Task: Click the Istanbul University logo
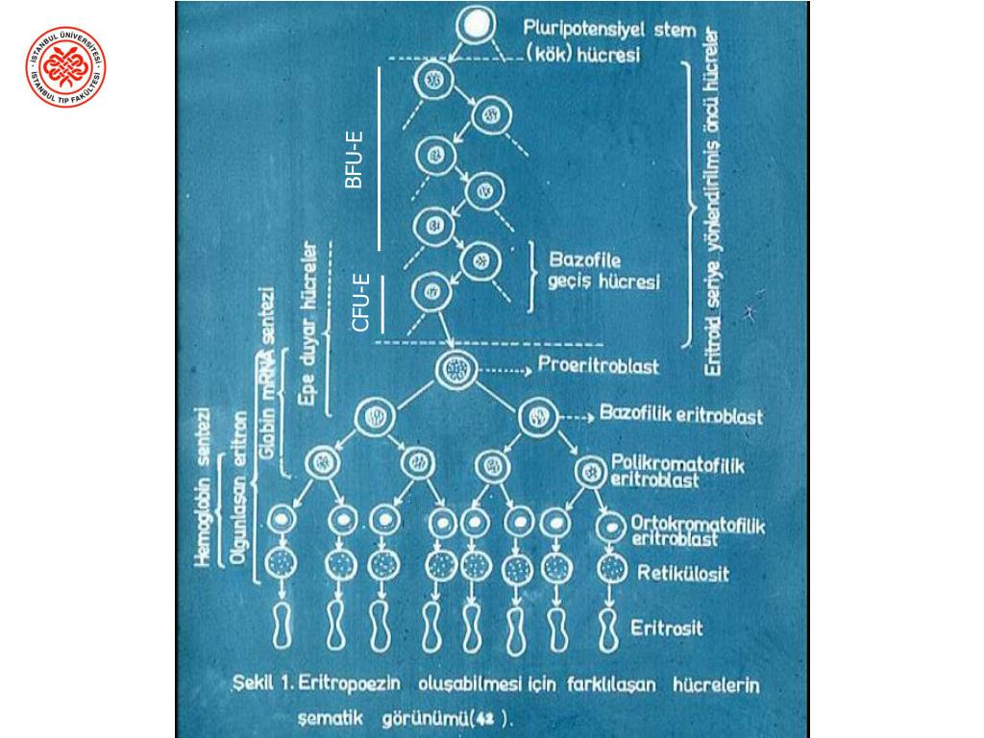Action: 65,66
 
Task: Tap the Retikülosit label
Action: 682,575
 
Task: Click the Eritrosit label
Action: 666,629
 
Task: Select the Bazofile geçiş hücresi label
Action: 603,271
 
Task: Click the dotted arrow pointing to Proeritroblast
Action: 504,368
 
